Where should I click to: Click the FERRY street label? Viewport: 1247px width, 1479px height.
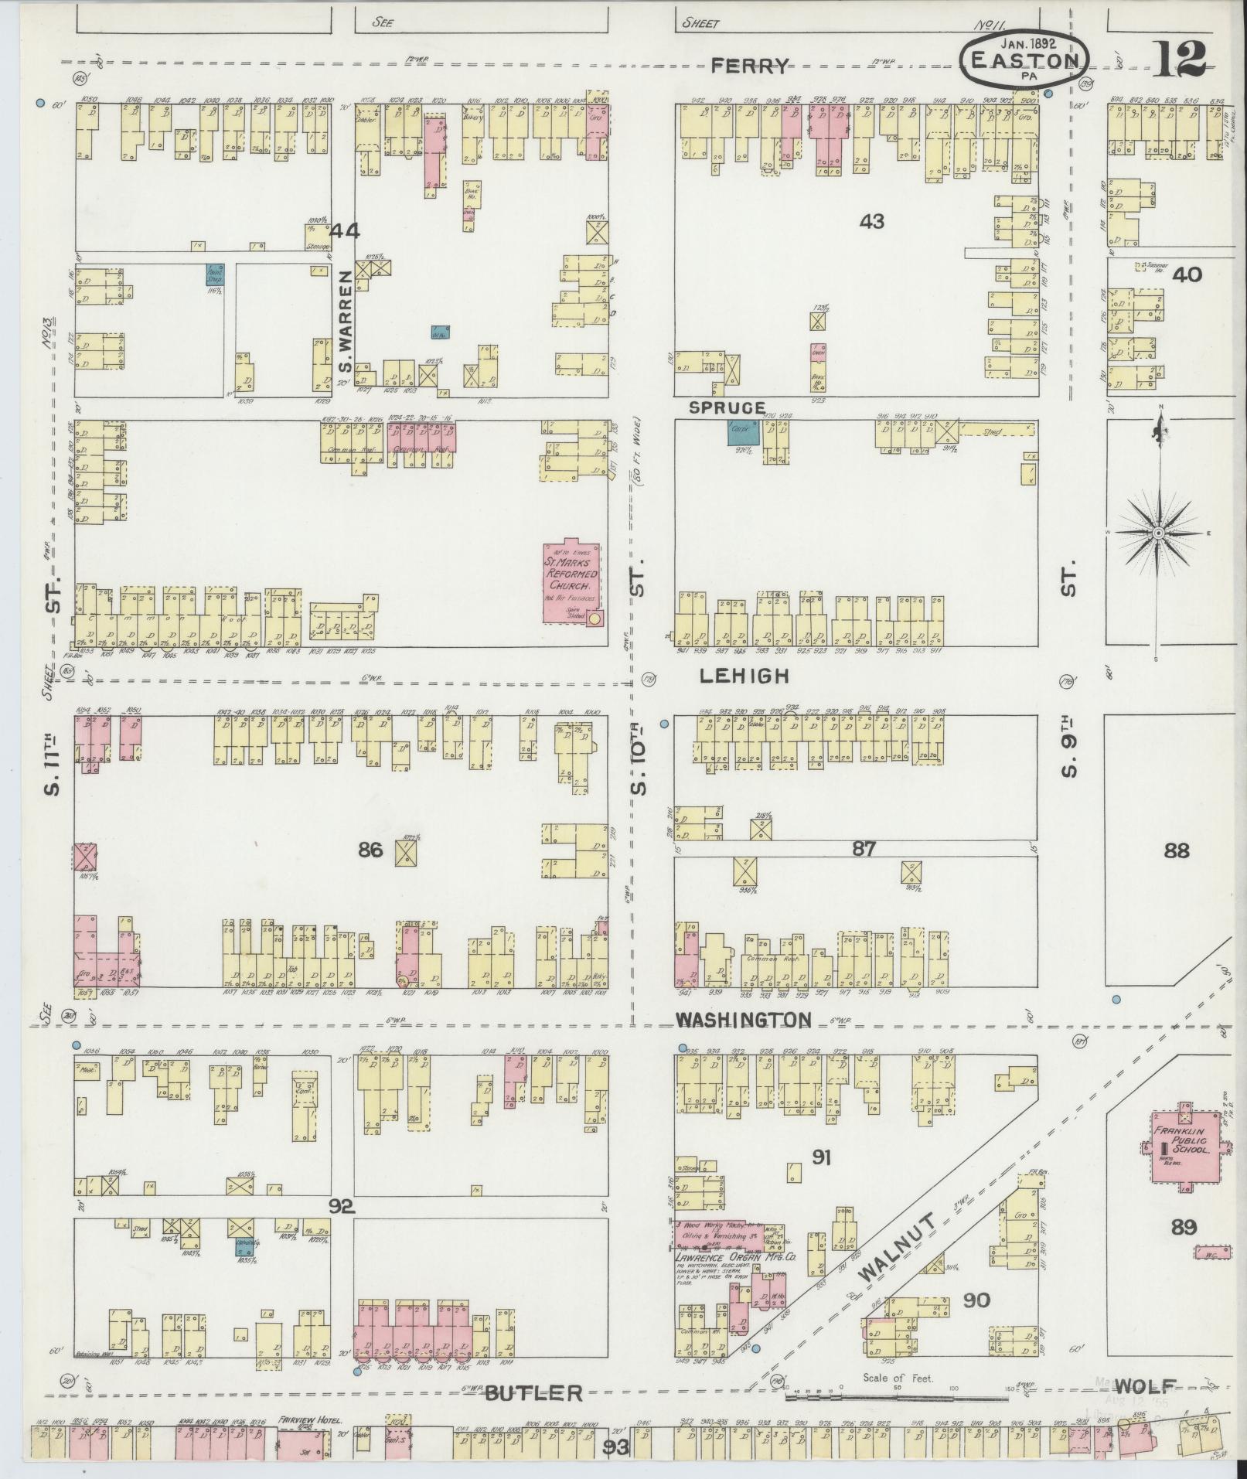click(x=751, y=66)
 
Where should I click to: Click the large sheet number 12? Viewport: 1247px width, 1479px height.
click(x=1181, y=58)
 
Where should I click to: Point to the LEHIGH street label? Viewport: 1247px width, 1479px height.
click(x=744, y=676)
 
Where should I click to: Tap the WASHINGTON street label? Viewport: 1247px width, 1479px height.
click(x=743, y=1021)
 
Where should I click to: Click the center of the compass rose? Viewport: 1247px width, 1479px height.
click(x=1158, y=533)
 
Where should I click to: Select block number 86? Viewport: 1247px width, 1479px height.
click(x=370, y=850)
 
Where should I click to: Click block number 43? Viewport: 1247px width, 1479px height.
click(x=871, y=222)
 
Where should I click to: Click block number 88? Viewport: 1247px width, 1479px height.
click(x=1176, y=851)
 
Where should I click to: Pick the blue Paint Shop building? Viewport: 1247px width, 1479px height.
click(x=215, y=274)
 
